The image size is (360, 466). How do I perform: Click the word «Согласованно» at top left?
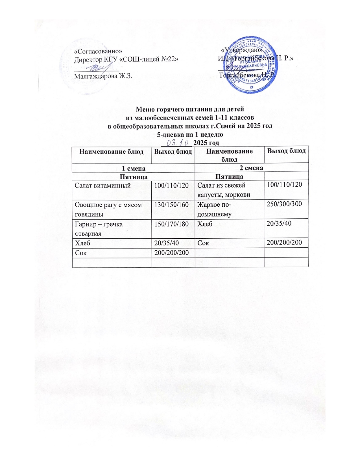coord(98,51)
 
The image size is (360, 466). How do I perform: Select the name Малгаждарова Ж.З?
coord(103,76)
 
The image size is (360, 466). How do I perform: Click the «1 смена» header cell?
coord(134,168)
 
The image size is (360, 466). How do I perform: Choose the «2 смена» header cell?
coord(251,168)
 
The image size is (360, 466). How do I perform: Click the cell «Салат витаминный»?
coord(102,186)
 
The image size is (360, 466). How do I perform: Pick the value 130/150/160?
coord(171,205)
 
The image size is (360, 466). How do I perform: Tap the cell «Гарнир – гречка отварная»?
coord(99,229)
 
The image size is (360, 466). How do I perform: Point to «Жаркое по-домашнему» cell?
coord(214,209)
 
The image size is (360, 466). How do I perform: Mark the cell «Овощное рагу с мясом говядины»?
coord(108,209)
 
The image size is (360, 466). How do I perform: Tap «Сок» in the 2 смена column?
coord(203,243)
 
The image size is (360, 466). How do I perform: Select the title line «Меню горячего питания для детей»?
coord(190,109)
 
